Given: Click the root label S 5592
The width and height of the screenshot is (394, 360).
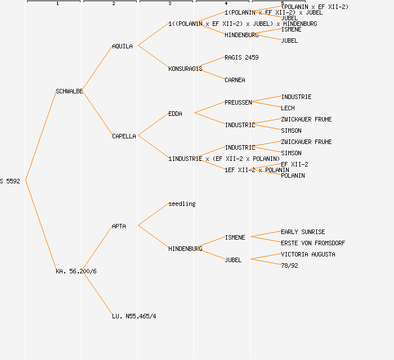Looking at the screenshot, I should (x=10, y=181).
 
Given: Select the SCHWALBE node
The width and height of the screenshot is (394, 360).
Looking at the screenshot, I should (x=69, y=91).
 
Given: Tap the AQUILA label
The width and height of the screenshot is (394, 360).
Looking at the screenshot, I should (x=122, y=46).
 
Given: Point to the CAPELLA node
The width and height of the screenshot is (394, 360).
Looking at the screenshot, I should (x=124, y=136).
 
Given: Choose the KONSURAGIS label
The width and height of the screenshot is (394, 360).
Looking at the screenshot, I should (x=185, y=69).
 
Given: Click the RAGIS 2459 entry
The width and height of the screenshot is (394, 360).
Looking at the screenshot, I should (x=241, y=57).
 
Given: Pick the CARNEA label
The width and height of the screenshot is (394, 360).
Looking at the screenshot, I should (x=235, y=80).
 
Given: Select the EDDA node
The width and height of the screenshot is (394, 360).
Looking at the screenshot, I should (x=175, y=114).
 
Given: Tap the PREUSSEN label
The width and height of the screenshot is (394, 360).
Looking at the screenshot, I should (x=238, y=102).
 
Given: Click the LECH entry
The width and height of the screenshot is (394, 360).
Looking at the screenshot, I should (x=288, y=108).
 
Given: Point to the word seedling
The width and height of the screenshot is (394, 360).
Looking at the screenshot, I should (x=182, y=204).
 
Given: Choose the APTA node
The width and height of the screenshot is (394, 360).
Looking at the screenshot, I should (x=119, y=226).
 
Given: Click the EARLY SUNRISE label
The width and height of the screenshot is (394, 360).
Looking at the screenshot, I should (x=303, y=232).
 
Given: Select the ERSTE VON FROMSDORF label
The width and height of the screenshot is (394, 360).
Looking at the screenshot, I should (x=313, y=243).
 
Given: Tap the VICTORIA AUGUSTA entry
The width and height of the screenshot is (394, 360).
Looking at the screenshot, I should (x=308, y=254).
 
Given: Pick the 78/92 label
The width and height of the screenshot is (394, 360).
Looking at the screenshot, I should (x=289, y=265).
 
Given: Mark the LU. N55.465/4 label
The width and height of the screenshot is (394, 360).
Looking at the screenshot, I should (x=134, y=316).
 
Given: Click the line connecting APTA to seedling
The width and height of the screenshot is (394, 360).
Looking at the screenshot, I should (x=153, y=214).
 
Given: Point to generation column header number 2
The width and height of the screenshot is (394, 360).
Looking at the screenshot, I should (x=113, y=4).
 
